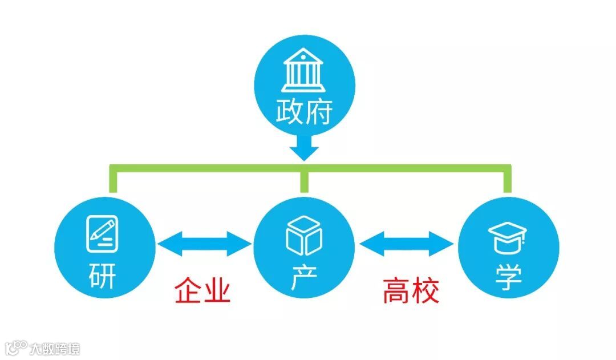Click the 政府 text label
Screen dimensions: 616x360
303,112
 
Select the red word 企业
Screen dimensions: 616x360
202,290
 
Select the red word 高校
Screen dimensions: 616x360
411,290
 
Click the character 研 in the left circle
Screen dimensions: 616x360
102,277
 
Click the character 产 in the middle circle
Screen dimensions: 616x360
303,278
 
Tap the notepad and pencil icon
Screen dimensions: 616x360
103,234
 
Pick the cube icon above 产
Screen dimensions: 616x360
303,235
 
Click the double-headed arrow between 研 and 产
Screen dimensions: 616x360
204,244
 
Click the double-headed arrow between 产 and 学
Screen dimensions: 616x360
407,244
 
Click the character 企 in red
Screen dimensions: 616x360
188,290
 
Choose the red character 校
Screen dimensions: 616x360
425,290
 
